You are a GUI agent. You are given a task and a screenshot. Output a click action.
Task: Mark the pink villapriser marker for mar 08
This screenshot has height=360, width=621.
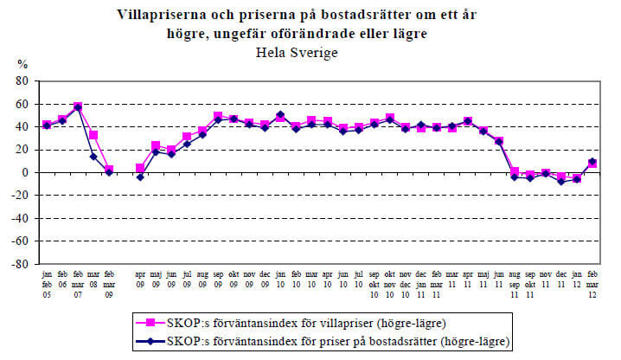click(93, 135)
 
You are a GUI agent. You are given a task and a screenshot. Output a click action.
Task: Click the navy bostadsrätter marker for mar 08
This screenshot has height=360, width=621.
click(93, 157)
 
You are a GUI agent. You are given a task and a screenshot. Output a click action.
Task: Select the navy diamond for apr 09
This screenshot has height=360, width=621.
click(140, 177)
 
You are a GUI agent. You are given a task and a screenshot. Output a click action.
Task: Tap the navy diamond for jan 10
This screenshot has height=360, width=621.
click(280, 115)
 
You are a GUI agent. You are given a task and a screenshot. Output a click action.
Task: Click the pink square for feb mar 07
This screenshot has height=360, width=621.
click(78, 106)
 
